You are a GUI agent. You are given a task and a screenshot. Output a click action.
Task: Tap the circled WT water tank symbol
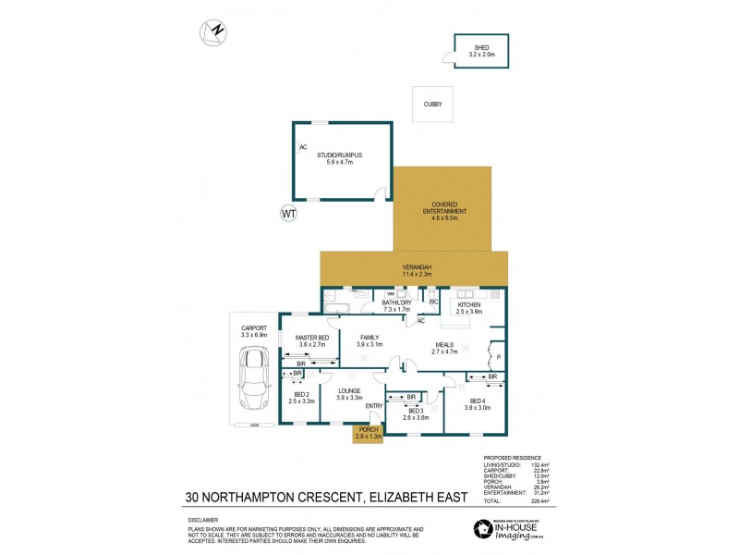pyautogui.click(x=289, y=215)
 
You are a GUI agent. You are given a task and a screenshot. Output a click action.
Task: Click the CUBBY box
pyautogui.click(x=433, y=105)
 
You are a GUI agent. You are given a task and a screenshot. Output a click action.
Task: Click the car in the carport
pyautogui.click(x=253, y=378)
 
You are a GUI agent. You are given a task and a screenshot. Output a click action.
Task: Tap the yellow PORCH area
pyautogui.click(x=367, y=434)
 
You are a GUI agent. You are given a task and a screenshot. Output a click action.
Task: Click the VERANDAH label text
pyautogui.click(x=416, y=267)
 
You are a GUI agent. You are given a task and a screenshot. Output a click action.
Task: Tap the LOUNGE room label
pyautogui.click(x=348, y=391)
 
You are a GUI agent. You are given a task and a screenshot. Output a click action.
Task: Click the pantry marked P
pyautogui.click(x=497, y=355)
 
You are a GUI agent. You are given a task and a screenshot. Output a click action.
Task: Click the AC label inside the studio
pyautogui.click(x=302, y=147)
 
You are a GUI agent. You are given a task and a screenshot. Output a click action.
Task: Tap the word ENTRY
pyautogui.click(x=374, y=406)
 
